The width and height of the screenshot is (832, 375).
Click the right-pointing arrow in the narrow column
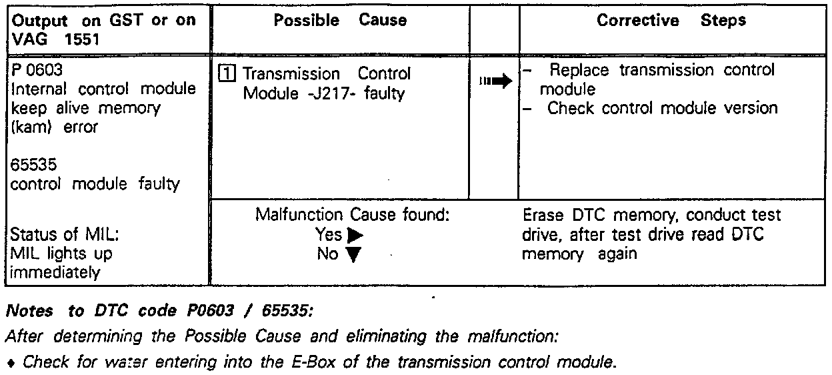(495, 81)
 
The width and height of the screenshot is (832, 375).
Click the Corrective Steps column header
(672, 21)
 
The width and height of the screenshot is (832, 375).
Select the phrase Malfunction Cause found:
(353, 216)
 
